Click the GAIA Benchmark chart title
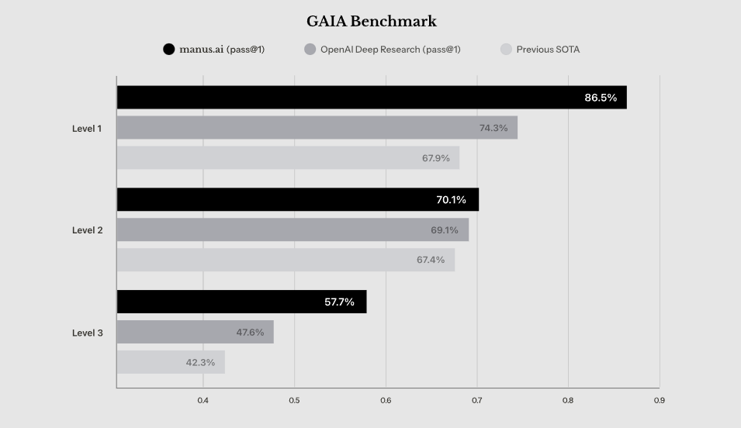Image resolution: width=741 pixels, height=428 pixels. pos(371,22)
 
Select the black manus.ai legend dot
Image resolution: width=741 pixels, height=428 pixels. pos(168,50)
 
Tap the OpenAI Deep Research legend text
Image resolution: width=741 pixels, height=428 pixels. pos(390,50)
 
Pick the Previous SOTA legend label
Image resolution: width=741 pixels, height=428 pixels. pos(548,50)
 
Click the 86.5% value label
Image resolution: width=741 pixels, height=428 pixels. pos(601,98)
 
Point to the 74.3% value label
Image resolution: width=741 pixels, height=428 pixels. pos(493,128)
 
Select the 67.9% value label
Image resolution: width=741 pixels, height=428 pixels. pos(436,158)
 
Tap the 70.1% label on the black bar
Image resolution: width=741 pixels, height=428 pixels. pos(451,200)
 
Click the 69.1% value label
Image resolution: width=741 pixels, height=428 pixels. pos(445,230)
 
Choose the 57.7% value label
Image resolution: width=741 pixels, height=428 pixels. pos(339,302)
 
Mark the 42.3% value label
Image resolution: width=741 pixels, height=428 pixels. pos(200,362)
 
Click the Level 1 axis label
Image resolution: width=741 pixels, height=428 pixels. pos(87,128)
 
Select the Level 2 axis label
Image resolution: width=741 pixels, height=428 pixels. pos(87,230)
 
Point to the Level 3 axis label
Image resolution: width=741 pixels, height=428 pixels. pos(87,333)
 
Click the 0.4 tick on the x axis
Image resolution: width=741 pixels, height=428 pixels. pos(203,401)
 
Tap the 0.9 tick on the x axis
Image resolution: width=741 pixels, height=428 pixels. pos(660,401)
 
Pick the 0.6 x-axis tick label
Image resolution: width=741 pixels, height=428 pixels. pos(386,401)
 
